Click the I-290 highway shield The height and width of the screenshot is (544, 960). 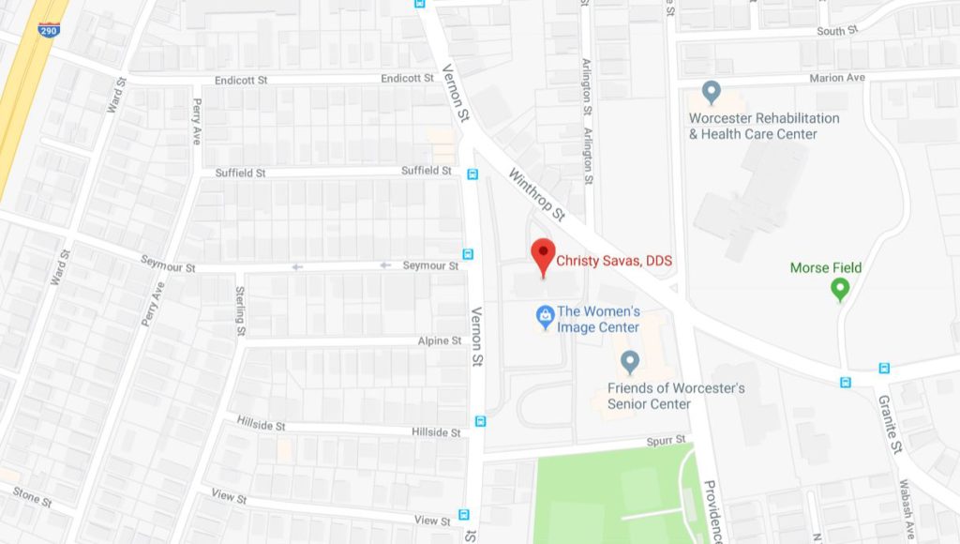(48, 30)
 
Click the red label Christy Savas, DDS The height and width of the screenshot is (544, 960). (614, 261)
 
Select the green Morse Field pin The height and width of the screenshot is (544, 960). (840, 290)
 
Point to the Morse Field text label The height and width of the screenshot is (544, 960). (825, 268)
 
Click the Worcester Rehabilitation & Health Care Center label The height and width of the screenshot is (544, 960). (764, 126)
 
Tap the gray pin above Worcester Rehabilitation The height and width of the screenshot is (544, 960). (712, 94)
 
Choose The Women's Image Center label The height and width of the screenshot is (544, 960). (598, 319)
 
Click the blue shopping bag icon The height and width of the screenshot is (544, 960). (544, 317)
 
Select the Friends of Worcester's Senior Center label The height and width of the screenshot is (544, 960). (662, 396)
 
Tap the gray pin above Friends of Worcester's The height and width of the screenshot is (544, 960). (630, 361)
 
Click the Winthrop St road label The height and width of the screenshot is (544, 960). (537, 195)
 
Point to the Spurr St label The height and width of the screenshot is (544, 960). (667, 440)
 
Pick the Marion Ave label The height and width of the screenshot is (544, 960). (841, 78)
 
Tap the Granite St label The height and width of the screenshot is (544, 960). (890, 423)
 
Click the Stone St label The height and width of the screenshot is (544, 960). (32, 496)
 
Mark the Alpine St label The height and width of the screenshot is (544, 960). (440, 340)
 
